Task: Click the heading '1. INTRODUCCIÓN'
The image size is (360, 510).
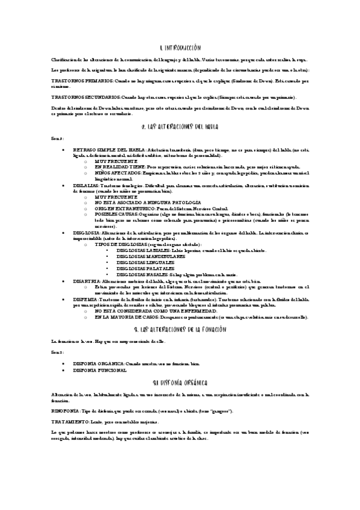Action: tap(180, 47)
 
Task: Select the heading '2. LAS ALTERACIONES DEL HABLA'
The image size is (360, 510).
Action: tap(180, 127)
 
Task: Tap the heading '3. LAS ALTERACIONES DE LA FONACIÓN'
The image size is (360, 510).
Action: tap(180, 330)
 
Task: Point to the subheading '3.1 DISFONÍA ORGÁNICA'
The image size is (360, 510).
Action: tap(180, 382)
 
